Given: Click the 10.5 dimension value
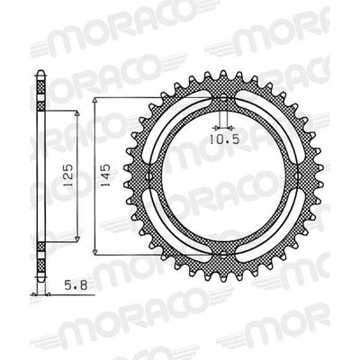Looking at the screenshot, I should point(227,139).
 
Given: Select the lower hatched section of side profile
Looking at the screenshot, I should point(40,279).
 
